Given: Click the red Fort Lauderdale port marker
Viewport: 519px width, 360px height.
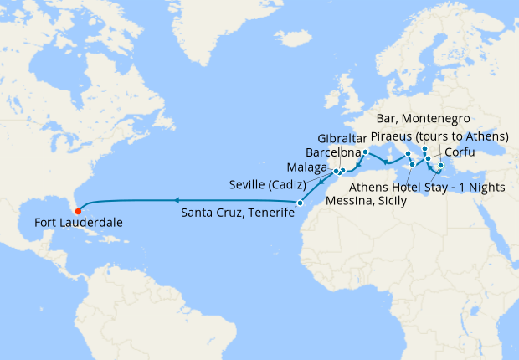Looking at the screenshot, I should [x=77, y=210].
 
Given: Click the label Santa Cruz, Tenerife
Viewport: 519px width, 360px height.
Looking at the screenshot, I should [x=238, y=213].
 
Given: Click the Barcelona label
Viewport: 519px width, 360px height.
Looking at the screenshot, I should [x=333, y=153].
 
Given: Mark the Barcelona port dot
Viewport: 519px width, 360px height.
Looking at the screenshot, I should [x=366, y=152].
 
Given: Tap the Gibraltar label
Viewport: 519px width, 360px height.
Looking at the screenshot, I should [x=341, y=138].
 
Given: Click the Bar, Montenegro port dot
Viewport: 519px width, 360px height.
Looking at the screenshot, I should [x=425, y=149].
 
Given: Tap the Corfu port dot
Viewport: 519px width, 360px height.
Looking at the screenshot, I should [x=428, y=158].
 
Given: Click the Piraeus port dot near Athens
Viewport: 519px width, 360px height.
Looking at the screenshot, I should [x=440, y=166].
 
